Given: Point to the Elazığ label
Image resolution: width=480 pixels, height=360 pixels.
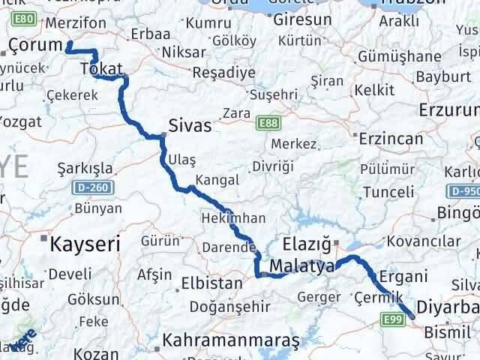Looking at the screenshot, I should pyautogui.click(x=306, y=244).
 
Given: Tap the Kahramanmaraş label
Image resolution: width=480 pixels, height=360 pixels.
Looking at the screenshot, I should pyautogui.click(x=232, y=340).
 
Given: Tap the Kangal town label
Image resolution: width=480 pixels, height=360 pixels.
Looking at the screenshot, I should pyautogui.click(x=217, y=180).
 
